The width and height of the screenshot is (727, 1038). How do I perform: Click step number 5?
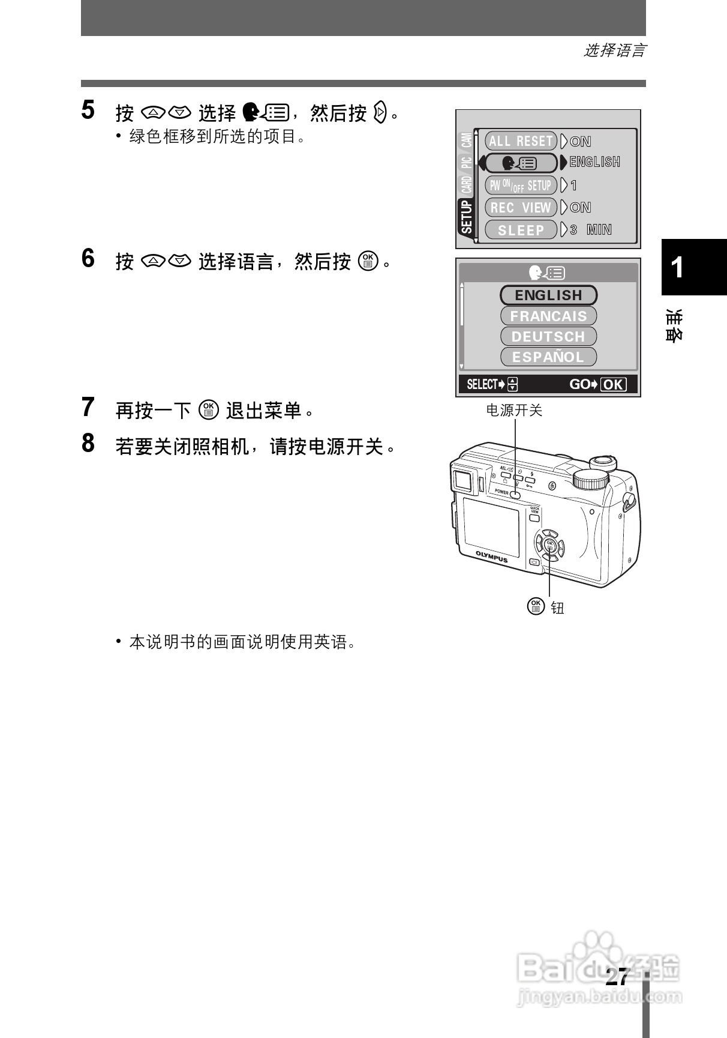pyautogui.click(x=88, y=110)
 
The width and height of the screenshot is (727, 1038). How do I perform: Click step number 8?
pyautogui.click(x=88, y=444)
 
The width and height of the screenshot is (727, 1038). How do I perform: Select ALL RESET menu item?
pyautogui.click(x=521, y=141)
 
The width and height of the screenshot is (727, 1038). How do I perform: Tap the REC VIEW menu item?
pyautogui.click(x=521, y=208)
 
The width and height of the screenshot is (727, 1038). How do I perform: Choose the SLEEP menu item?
pyautogui.click(x=521, y=230)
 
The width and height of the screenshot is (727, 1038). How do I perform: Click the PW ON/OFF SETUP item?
pyautogui.click(x=521, y=186)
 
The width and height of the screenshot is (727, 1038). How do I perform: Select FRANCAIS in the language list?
pyautogui.click(x=548, y=316)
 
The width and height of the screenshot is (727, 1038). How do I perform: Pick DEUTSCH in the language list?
pyautogui.click(x=548, y=336)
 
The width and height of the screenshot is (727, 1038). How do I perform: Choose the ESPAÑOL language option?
pyautogui.click(x=548, y=357)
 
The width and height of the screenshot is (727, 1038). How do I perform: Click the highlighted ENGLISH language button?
pyautogui.click(x=548, y=295)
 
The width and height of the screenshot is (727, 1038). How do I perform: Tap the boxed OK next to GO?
pyautogui.click(x=613, y=385)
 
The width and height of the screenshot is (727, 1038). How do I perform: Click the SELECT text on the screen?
pyautogui.click(x=482, y=385)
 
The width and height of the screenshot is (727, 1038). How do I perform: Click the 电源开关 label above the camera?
pyautogui.click(x=513, y=411)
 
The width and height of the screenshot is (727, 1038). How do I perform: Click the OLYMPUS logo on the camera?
pyautogui.click(x=492, y=557)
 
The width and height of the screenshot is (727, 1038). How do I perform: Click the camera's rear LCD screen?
pyautogui.click(x=491, y=527)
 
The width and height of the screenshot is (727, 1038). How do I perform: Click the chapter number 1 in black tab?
pyautogui.click(x=677, y=268)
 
